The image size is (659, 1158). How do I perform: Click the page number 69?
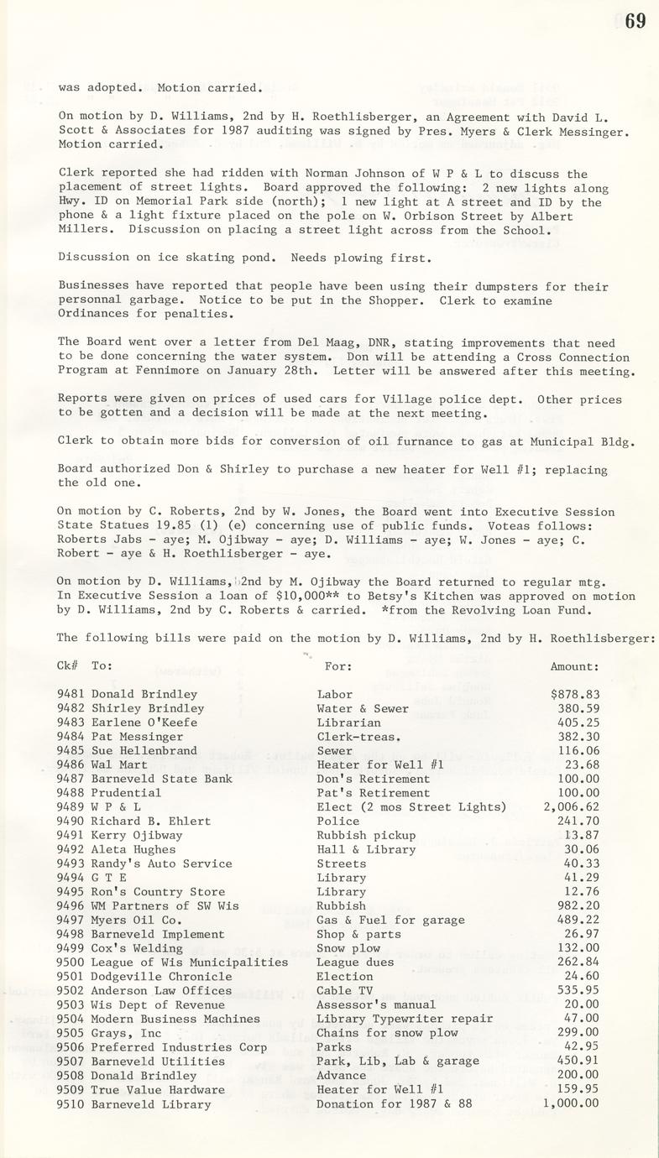[635, 21]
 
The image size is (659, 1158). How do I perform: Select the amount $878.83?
[575, 694]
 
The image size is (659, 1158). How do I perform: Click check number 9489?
[71, 807]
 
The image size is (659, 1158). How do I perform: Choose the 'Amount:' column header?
[574, 666]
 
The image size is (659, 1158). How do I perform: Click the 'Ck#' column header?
[67, 666]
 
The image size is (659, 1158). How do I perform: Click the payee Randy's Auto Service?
[161, 863]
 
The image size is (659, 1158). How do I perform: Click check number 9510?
[71, 1103]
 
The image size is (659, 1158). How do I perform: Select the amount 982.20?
[578, 905]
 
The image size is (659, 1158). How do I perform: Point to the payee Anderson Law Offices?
[161, 990]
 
